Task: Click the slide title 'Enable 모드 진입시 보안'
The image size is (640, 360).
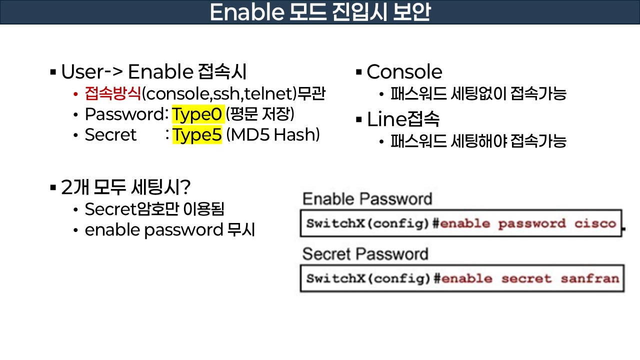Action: pos(319,12)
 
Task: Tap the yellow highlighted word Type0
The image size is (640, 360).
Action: pos(196,114)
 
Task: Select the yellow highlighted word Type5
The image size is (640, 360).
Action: pos(197,135)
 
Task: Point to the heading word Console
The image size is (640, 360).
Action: pos(404,72)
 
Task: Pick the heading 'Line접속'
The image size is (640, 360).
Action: pos(403,120)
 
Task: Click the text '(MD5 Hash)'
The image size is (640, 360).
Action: pos(273,135)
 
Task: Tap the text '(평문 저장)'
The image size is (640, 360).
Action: pos(260,114)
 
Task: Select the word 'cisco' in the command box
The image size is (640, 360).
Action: pos(595,223)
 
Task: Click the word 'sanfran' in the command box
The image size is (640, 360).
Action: pos(589,278)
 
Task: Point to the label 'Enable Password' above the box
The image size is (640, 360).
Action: pos(367,199)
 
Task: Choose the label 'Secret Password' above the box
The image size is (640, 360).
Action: pos(365,254)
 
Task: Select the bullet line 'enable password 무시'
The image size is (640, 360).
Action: pos(170,230)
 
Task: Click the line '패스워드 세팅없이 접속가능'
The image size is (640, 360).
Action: pos(478,93)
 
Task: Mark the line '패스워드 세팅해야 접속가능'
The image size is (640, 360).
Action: pos(478,141)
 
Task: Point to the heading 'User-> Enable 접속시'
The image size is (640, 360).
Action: pos(153,72)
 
